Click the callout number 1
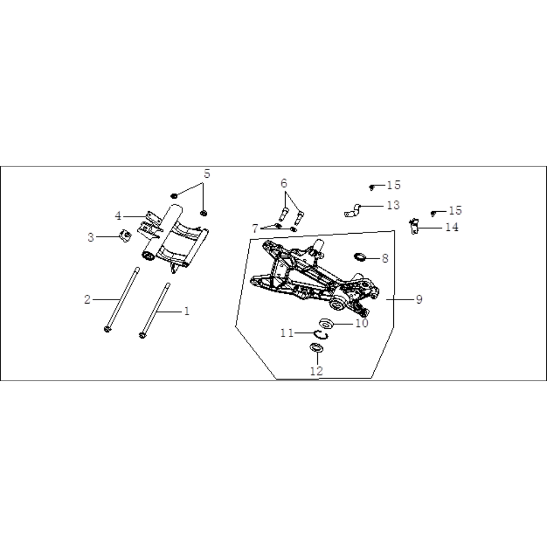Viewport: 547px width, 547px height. point(187,311)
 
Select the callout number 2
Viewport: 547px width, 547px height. point(87,299)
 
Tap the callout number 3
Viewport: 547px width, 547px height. point(91,237)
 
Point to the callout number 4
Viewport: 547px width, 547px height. point(118,216)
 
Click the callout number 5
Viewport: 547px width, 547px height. point(207,174)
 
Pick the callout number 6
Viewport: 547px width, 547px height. point(283,183)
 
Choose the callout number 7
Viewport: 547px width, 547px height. point(255,229)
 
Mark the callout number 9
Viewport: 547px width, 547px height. point(419,299)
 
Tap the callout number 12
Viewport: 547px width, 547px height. point(316,371)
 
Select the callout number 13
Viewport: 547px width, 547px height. point(393,205)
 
